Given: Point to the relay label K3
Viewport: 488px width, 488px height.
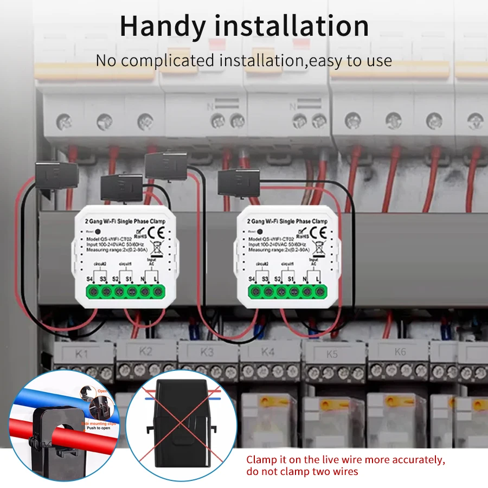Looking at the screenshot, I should pos(207,352).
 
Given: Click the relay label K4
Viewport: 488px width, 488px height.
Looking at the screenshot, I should pos(268,352).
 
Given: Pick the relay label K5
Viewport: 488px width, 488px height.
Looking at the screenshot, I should pos(332,354).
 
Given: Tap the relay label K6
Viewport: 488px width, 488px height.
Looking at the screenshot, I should pos(400,352).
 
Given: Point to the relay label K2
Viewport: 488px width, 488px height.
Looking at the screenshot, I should pos(145,351).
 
